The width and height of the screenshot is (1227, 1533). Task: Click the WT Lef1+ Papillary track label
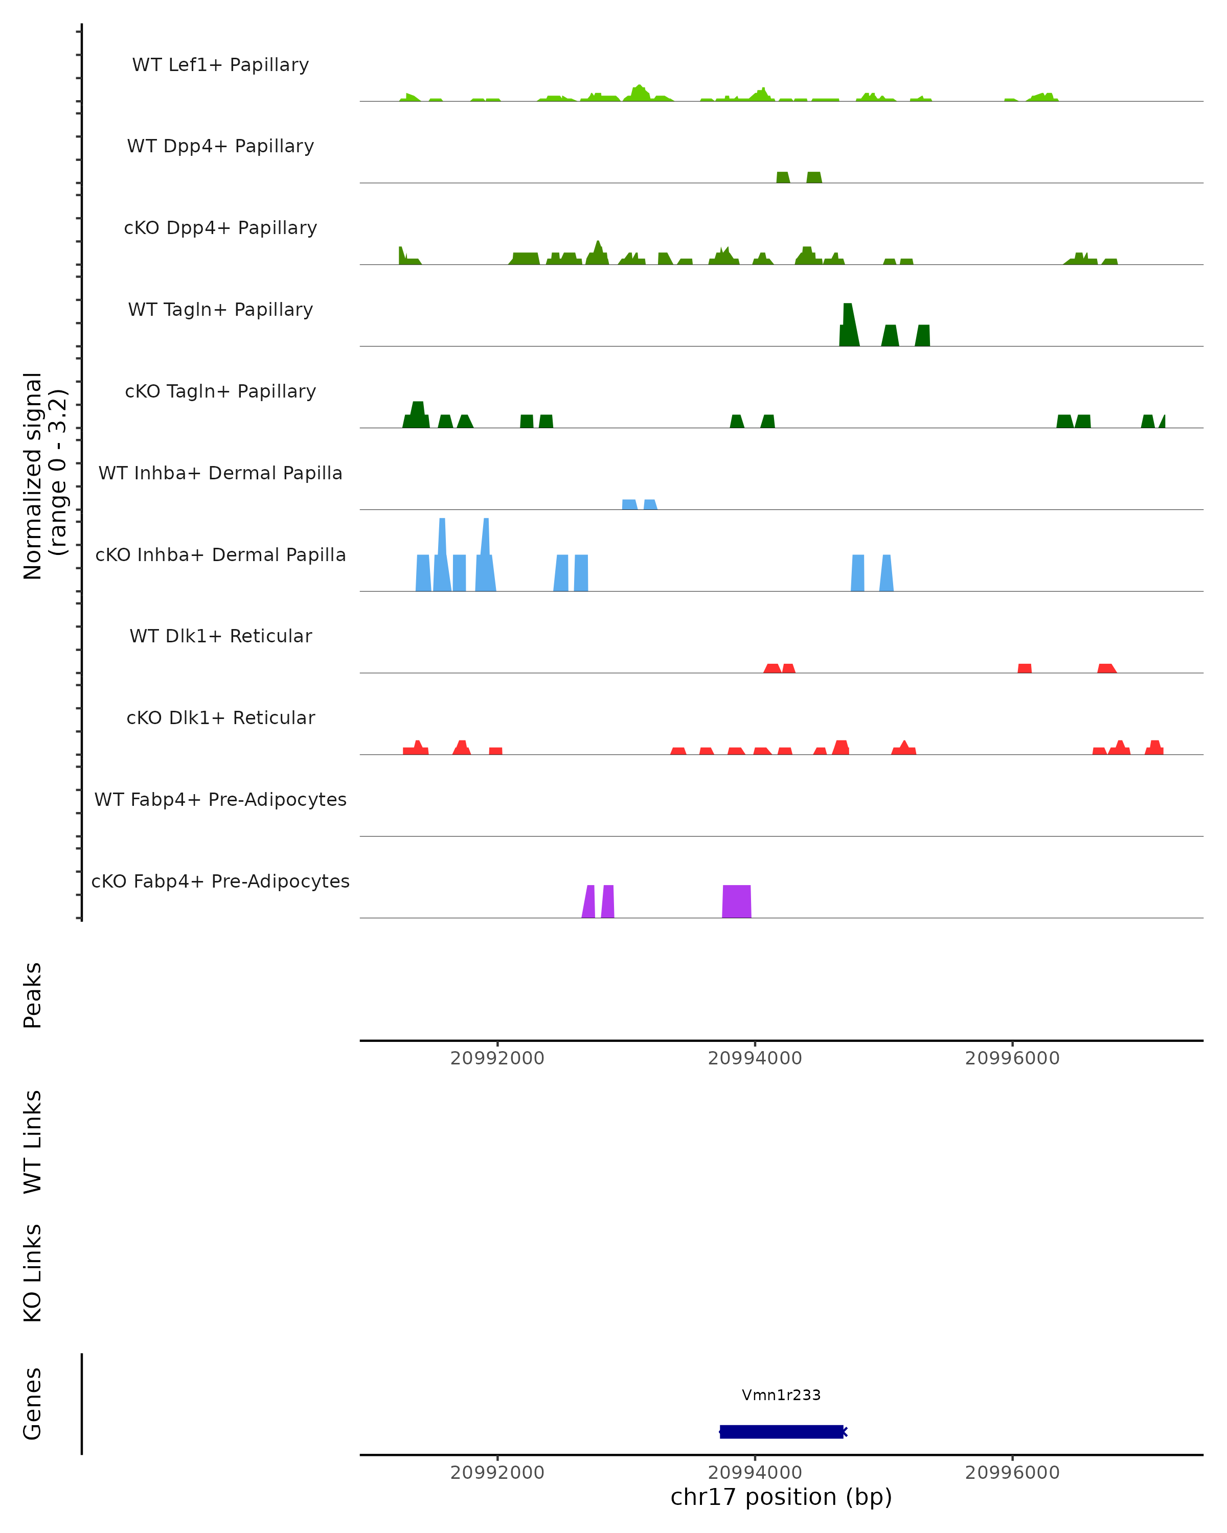220,65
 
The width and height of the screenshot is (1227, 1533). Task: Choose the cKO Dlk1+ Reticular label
220,717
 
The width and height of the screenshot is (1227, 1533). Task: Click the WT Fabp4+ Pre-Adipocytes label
220,799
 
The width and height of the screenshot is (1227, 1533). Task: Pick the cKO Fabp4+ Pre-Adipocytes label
220,881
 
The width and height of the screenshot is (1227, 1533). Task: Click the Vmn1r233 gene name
781,1395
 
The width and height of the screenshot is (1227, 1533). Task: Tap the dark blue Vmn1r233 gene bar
781,1431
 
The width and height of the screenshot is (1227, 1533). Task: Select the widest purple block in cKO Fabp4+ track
737,901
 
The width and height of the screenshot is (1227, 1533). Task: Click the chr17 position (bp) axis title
781,1497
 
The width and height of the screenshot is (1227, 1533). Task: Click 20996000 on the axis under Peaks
1012,1058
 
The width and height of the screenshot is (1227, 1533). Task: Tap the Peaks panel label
33,995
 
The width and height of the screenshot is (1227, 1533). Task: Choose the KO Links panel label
33,1273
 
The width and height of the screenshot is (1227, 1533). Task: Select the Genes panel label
33,1404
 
